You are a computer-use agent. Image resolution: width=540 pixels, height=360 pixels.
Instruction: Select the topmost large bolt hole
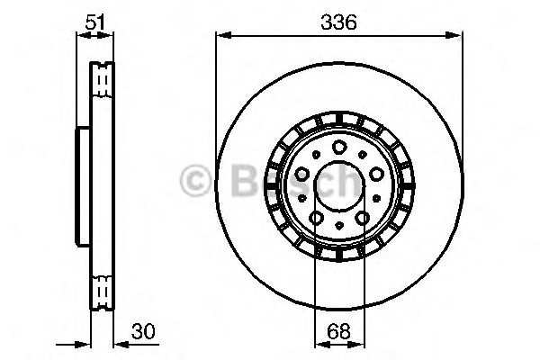338,148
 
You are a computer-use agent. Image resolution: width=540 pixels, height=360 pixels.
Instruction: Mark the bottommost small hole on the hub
337,226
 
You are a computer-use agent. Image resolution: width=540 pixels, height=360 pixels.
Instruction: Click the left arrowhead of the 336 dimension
221,37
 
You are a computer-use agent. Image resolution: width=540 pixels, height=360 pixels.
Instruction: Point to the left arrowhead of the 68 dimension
319,344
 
